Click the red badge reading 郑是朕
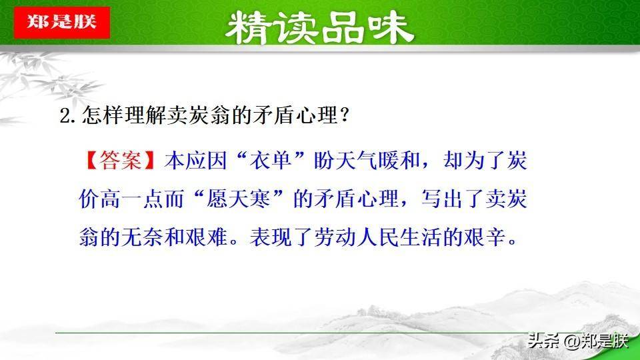(x=62, y=23)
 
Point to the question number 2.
(x=65, y=116)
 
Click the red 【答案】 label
(x=121, y=159)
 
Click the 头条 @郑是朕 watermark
(x=577, y=341)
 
